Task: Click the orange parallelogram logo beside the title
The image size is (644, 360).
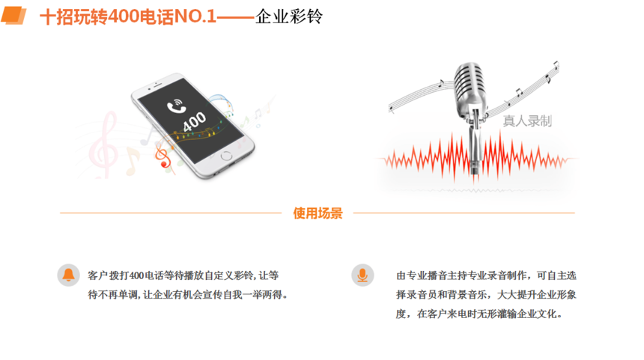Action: coord(13,16)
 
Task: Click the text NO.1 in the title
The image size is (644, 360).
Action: coord(195,16)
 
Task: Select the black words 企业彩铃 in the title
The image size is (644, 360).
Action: coord(289,16)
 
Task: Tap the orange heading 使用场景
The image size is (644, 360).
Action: coord(318,213)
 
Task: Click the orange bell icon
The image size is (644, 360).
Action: coord(68,275)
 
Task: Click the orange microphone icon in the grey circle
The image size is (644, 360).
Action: coord(362,275)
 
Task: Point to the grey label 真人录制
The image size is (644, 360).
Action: coord(527,121)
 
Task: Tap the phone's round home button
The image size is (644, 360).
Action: coord(226,156)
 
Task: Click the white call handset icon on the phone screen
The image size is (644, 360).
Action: coord(176,106)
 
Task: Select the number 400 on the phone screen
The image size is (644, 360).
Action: coord(194,122)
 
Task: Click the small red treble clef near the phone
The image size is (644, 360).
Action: coord(162,155)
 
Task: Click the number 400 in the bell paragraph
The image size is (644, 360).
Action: coord(137,275)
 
